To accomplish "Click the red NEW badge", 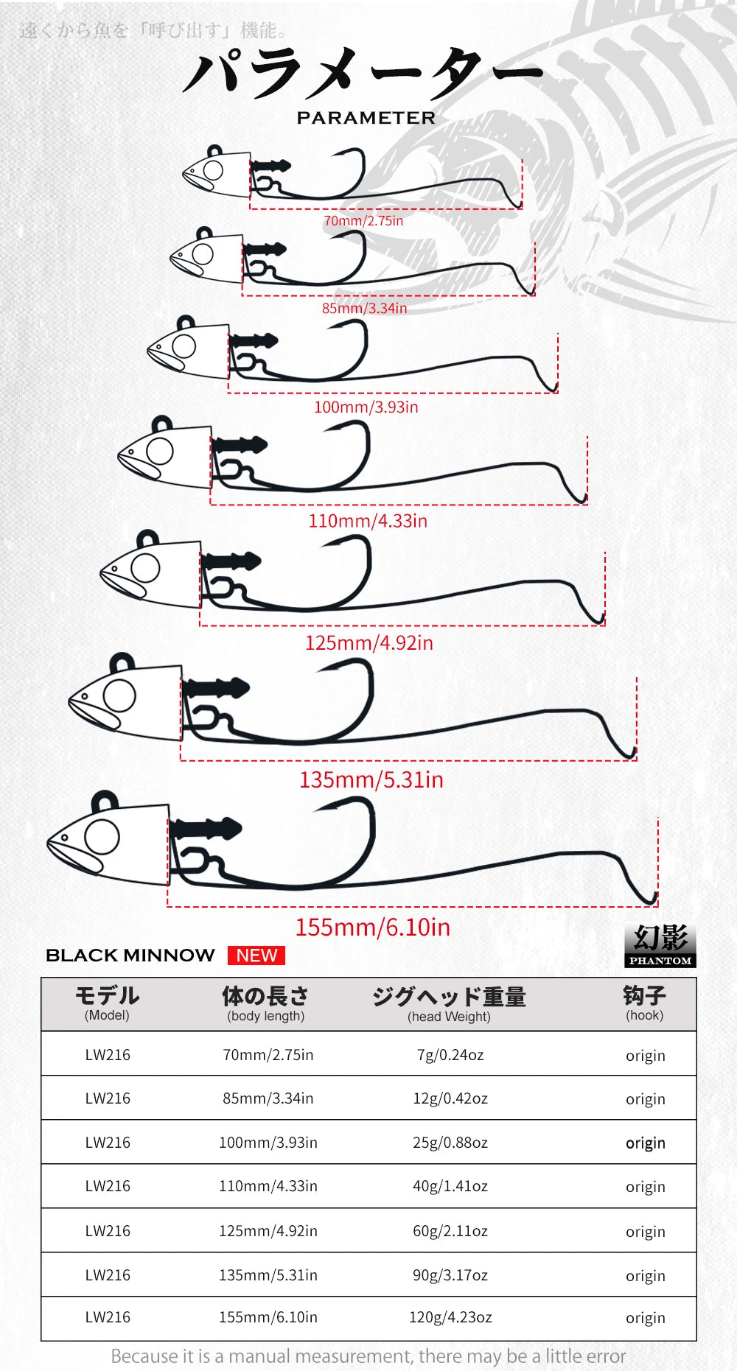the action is pos(256,956).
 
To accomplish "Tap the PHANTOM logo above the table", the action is pos(660,945).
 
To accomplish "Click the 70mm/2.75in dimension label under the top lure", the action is pos(363,220).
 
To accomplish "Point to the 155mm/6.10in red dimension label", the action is pos(372,927).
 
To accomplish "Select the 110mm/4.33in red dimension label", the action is pos(368,521).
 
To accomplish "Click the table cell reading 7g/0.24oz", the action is pos(450,1055).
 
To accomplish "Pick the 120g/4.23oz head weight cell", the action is pos(450,1317).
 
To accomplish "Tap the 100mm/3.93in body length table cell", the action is pos(268,1143).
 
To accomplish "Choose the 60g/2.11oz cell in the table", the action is pos(450,1231).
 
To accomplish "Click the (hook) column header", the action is pos(645,1015).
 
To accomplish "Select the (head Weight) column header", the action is pos(449,1017).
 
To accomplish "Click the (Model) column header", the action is pos(107,1015).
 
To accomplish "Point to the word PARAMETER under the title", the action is pos(366,118).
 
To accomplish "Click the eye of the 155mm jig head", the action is pos(102,837).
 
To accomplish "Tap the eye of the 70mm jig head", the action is pos(213,171).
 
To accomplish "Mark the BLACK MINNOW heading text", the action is pos(130,956).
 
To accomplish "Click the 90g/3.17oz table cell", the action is pos(450,1275).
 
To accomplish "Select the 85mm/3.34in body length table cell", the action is pos(268,1098).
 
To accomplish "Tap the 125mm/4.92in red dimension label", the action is pos(369,642).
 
